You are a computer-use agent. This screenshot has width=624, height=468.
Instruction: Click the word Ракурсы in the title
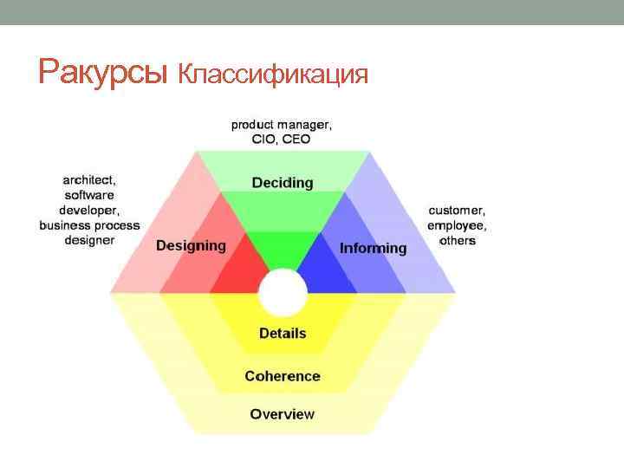click(102, 73)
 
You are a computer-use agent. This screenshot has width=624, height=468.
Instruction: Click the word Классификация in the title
click(274, 75)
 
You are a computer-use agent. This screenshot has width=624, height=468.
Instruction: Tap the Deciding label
click(283, 183)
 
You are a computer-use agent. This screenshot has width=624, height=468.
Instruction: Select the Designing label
click(191, 245)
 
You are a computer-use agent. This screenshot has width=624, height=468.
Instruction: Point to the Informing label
click(373, 248)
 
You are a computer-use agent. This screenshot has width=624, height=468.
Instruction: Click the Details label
click(283, 334)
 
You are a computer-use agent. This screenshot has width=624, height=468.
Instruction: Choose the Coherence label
click(283, 376)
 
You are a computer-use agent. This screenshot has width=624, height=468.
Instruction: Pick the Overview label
click(283, 414)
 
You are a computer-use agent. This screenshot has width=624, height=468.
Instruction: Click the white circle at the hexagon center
click(283, 293)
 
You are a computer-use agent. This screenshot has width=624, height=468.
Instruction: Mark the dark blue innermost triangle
click(328, 276)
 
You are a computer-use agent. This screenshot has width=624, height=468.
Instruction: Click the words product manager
click(281, 125)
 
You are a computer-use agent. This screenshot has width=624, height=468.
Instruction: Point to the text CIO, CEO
click(281, 139)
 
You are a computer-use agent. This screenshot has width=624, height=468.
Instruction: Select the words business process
click(89, 224)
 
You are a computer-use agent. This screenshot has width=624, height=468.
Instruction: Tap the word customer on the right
click(457, 211)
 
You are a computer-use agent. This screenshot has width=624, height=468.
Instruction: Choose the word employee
click(457, 225)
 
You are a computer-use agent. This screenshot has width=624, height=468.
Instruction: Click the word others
click(457, 240)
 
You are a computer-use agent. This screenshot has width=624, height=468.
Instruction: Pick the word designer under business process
click(89, 239)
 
